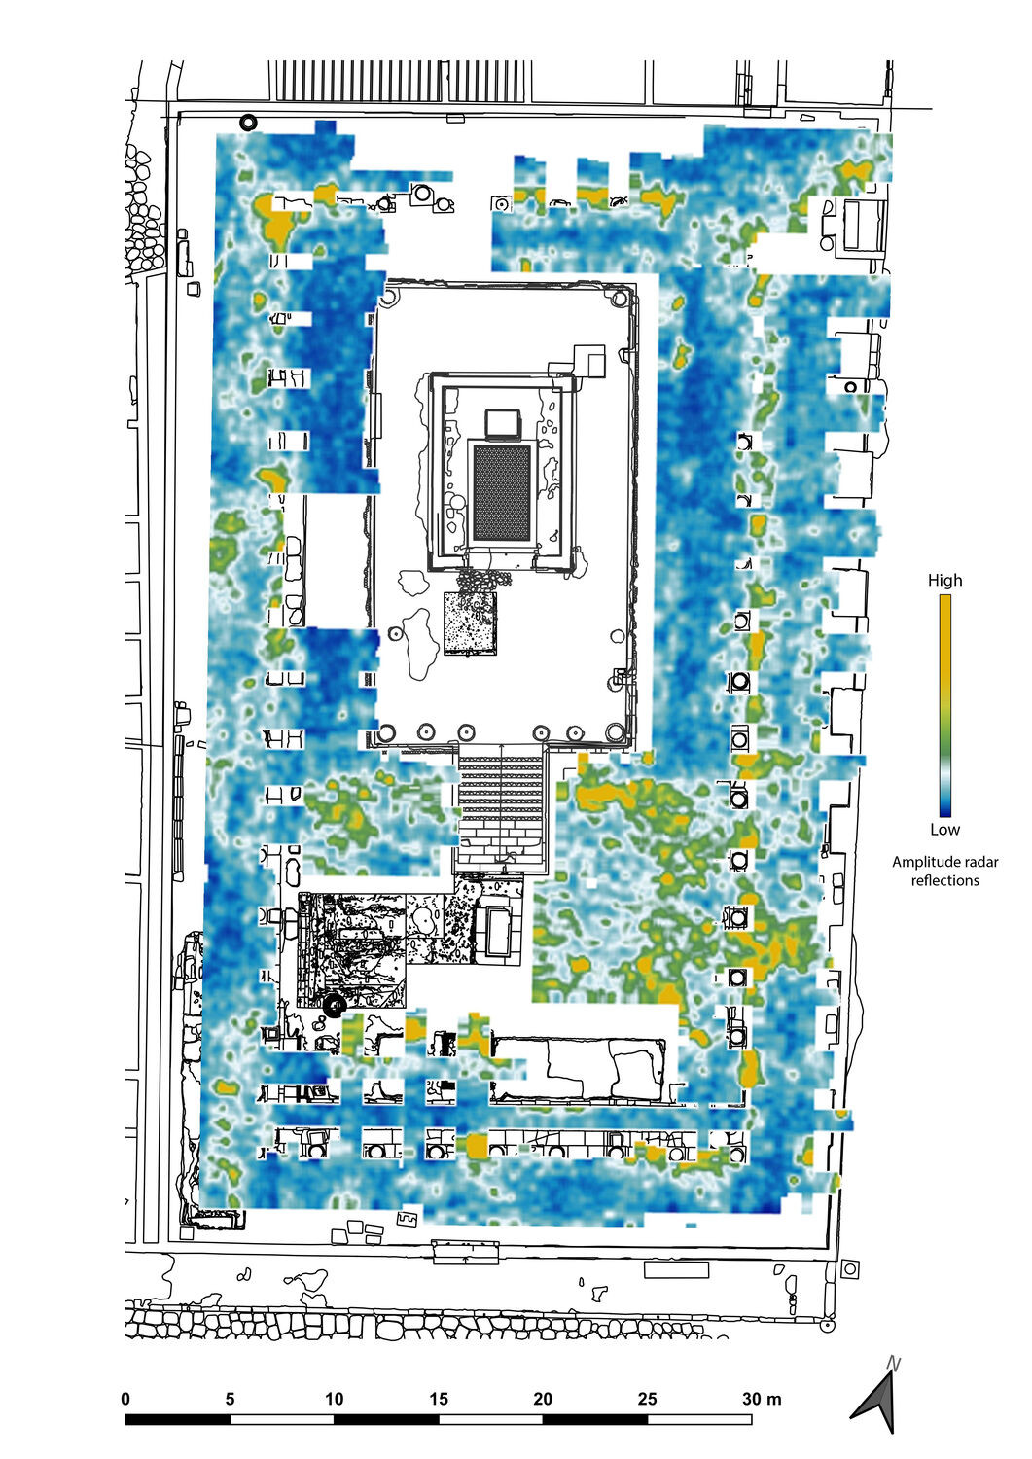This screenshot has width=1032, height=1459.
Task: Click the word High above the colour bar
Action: click(944, 581)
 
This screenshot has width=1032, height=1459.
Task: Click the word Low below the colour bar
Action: click(944, 829)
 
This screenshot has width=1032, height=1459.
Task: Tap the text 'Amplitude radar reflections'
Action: click(944, 871)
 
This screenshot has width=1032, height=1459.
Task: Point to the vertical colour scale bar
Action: click(944, 706)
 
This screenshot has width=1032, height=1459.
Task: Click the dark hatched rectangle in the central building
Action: click(502, 492)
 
